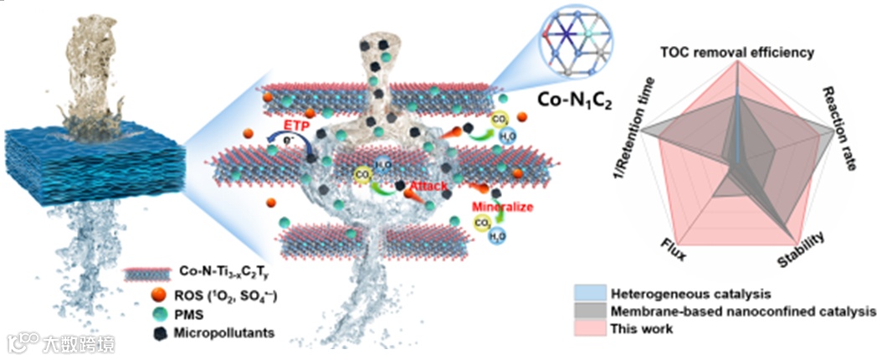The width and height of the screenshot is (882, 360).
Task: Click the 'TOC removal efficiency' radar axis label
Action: click(x=736, y=52)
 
